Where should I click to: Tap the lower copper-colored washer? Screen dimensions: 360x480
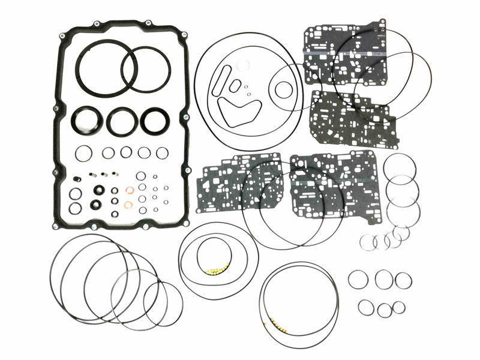128,205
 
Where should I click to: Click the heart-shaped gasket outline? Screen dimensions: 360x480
238,111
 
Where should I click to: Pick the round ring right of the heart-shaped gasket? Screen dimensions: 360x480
283,90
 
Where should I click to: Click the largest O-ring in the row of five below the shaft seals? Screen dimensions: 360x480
84,153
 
